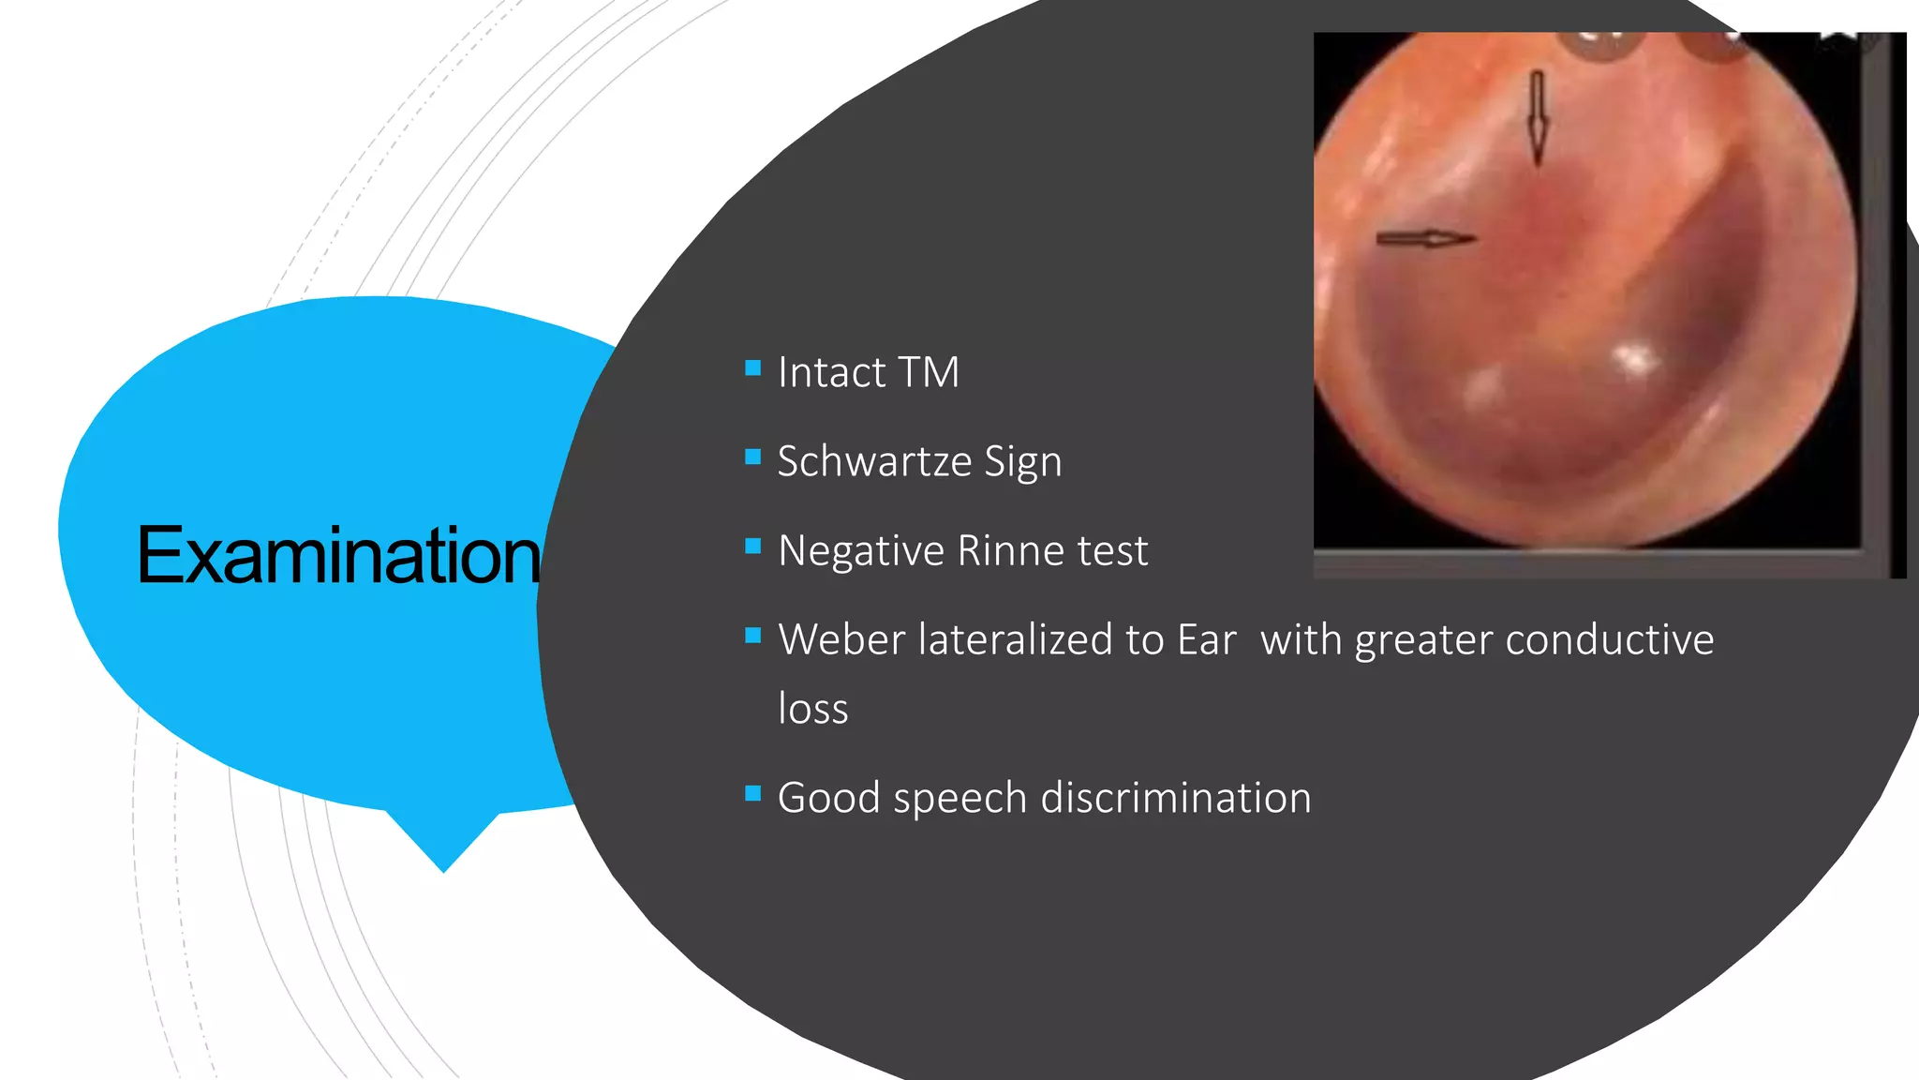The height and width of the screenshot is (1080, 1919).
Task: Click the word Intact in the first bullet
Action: click(x=831, y=372)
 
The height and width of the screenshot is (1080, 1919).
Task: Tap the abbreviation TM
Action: click(x=929, y=372)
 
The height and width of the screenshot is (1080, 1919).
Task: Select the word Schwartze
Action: click(x=874, y=461)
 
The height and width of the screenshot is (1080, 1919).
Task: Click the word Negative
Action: click(x=861, y=550)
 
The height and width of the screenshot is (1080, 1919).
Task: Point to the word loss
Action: click(x=812, y=709)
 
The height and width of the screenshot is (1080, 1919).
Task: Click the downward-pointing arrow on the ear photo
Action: click(x=1537, y=118)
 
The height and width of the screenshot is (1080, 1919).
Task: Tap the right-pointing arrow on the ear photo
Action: click(x=1425, y=239)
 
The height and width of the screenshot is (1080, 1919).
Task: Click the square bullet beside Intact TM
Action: click(x=752, y=368)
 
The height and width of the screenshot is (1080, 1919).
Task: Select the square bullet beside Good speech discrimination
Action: click(x=752, y=794)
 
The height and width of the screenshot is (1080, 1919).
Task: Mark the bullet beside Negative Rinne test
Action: click(x=752, y=547)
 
